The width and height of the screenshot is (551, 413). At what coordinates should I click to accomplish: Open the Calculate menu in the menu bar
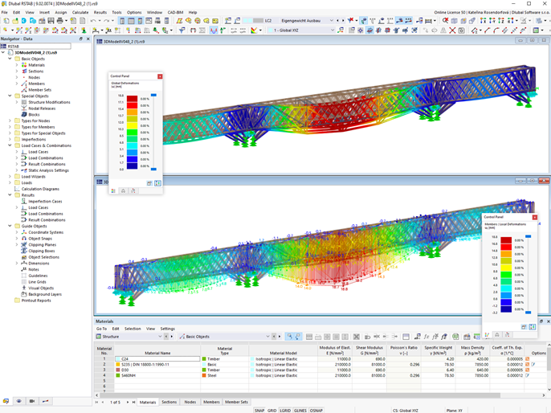80,13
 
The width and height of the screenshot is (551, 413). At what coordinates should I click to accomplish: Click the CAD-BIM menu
175,13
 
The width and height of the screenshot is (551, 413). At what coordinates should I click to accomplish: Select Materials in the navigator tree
36,65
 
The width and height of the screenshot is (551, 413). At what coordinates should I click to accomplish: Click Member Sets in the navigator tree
39,90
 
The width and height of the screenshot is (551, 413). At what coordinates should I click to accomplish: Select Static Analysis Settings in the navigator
48,170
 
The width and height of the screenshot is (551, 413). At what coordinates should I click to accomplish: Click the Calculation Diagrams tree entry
40,189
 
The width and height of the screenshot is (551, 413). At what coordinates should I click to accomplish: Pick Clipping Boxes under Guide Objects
42,251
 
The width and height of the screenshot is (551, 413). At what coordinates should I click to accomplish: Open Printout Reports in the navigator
35,301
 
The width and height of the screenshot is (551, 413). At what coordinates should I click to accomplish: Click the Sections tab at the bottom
169,402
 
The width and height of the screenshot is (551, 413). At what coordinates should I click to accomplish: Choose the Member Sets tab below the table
236,402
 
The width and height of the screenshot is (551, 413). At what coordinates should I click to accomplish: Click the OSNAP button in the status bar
316,410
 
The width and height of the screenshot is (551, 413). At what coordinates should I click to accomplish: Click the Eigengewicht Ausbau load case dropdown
301,21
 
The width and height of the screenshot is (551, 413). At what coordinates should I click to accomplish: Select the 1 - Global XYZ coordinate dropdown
301,31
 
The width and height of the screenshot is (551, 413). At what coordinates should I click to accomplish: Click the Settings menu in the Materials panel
167,329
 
